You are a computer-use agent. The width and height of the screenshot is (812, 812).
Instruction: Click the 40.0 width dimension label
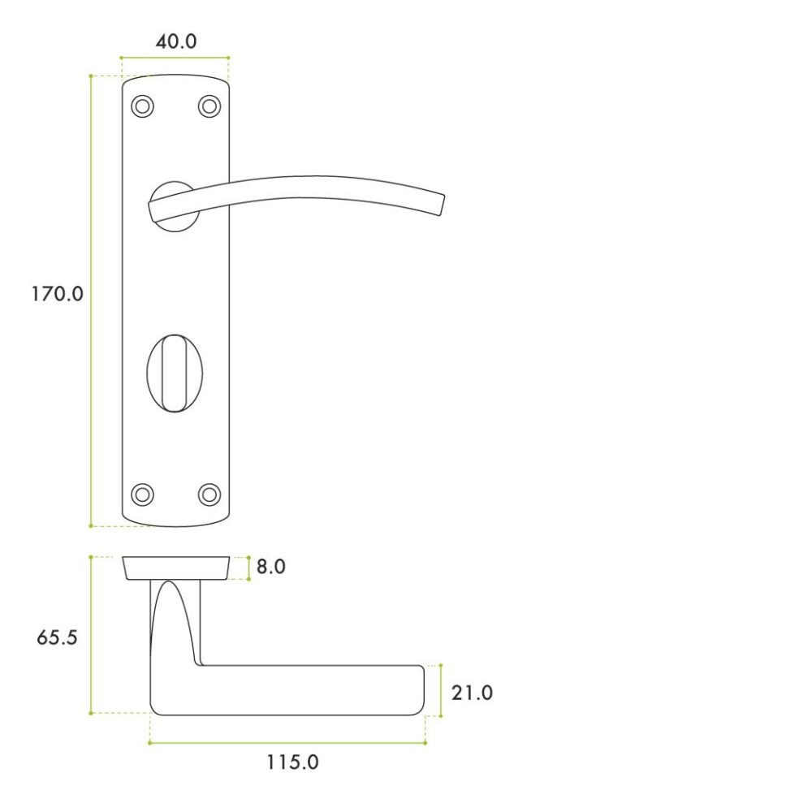click(176, 41)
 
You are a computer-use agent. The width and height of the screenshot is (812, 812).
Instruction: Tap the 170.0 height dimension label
click(58, 294)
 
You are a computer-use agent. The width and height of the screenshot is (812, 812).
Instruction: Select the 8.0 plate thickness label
click(271, 567)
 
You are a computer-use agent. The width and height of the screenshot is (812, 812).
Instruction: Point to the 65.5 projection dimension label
click(57, 637)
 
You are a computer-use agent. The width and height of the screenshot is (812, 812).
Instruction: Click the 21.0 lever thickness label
click(472, 693)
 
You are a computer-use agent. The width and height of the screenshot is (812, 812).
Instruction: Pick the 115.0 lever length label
click(292, 762)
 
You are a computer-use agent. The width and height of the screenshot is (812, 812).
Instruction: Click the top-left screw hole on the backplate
click(142, 106)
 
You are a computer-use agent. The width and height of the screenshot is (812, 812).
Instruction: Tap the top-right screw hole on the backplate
click(209, 106)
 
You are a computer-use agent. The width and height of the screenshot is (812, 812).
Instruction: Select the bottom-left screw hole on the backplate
click(142, 494)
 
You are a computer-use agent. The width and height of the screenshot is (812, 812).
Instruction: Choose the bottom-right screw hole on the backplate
click(209, 494)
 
